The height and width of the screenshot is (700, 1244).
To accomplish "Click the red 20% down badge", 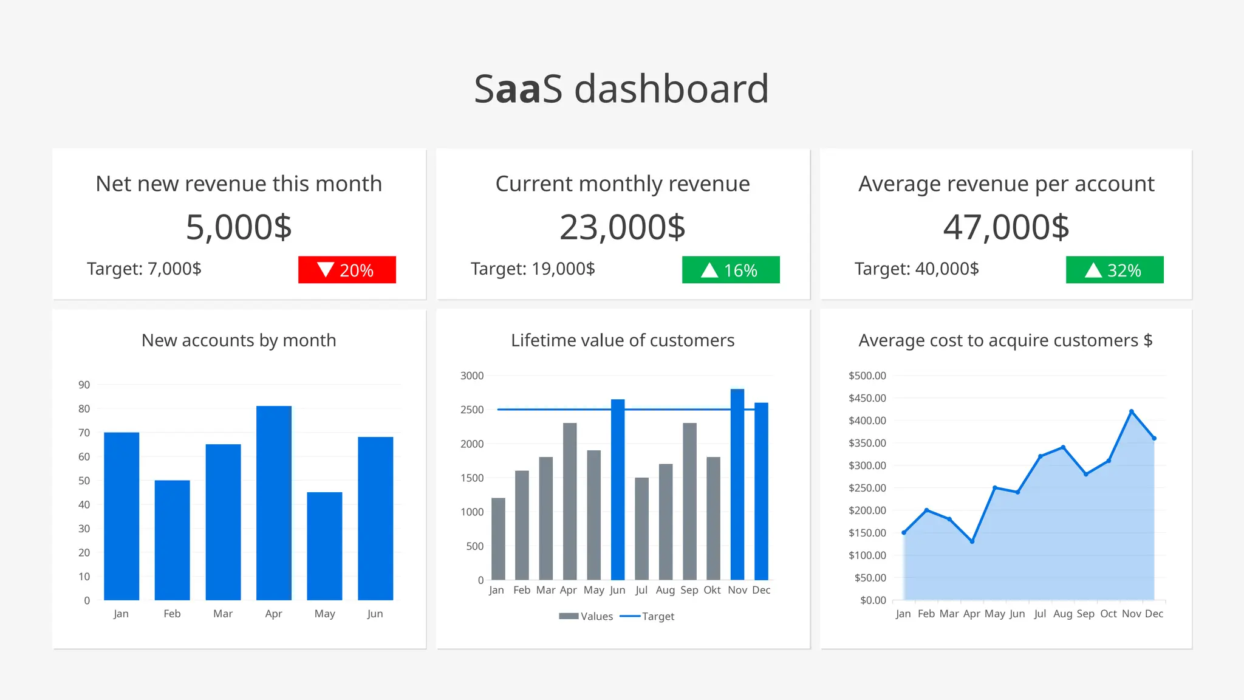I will tap(347, 270).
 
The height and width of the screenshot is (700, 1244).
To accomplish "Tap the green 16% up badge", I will tap(731, 270).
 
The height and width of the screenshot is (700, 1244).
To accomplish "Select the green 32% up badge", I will tap(1115, 270).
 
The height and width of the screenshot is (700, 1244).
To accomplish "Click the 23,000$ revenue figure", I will tap(623, 227).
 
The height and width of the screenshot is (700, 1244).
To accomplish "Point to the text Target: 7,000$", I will tap(144, 269).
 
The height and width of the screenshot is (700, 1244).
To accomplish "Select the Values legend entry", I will tap(586, 616).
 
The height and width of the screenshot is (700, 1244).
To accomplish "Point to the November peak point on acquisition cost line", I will tap(1131, 411).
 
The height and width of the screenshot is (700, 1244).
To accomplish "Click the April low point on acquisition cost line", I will tap(972, 541).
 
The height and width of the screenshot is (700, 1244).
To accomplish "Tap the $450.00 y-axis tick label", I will tap(867, 398).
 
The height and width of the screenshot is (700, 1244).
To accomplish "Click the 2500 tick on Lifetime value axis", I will tap(472, 410).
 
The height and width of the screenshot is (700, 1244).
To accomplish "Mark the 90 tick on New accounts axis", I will tap(84, 385).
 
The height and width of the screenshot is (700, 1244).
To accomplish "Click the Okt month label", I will tap(712, 590).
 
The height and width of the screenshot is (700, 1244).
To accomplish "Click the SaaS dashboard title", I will tap(621, 89).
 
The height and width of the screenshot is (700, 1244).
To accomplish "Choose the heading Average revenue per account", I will tap(1006, 184).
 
